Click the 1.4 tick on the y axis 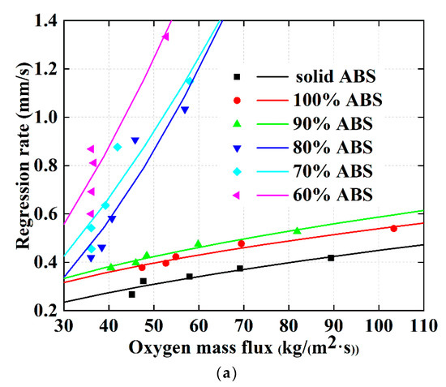click(x=43, y=21)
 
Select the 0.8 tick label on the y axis click(x=43, y=165)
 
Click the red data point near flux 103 click(x=393, y=228)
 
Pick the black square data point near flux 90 click(x=331, y=257)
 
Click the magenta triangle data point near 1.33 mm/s click(x=165, y=37)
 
